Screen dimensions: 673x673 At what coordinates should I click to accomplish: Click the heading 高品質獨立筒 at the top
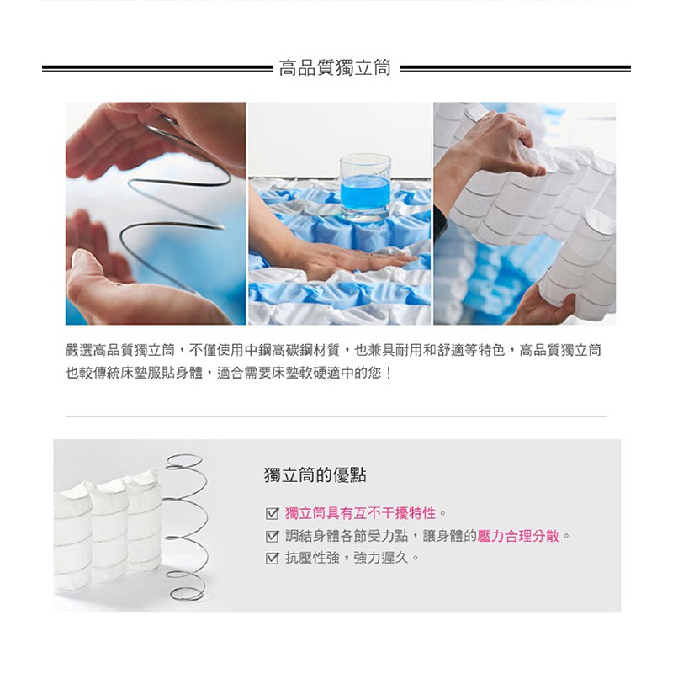(x=335, y=68)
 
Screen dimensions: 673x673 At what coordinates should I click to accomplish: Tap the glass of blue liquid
(x=365, y=188)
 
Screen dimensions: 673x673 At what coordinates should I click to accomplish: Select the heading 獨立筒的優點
(x=315, y=475)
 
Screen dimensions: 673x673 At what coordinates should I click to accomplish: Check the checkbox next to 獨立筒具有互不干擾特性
(x=273, y=513)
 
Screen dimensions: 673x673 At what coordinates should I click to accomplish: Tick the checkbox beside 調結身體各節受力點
(x=273, y=536)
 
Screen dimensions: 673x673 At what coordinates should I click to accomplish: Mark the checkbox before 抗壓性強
(x=273, y=558)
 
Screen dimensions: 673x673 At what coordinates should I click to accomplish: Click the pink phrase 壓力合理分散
(x=518, y=536)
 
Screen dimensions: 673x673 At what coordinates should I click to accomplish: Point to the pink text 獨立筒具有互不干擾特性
(x=361, y=513)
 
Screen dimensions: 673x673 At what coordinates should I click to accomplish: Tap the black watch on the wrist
(x=440, y=220)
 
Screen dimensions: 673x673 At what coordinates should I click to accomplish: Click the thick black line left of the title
(x=157, y=68)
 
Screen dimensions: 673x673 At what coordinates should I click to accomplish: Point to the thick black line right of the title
(x=516, y=68)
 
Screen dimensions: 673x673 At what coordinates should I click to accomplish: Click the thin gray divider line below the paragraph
(x=336, y=416)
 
